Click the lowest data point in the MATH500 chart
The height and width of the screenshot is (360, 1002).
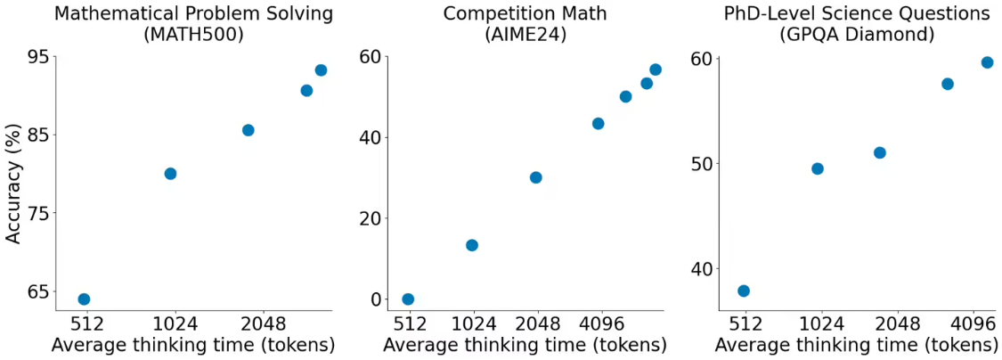pos(84,299)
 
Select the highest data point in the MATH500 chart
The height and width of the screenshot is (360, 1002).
pos(321,70)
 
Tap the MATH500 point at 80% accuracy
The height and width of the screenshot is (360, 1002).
pos(170,174)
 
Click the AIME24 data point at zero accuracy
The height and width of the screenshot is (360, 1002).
pos(408,299)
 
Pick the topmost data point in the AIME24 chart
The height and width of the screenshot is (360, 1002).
pos(656,70)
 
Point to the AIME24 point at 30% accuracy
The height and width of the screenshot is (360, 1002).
pos(535,177)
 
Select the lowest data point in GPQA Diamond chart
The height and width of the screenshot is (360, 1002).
pos(744,290)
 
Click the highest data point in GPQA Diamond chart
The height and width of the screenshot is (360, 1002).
pos(987,62)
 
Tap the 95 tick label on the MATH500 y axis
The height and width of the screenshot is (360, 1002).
pos(38,57)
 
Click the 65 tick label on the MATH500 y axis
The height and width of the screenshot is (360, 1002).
pos(38,291)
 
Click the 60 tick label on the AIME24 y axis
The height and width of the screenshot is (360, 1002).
pos(371,57)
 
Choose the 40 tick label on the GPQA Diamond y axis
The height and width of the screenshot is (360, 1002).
pos(704,268)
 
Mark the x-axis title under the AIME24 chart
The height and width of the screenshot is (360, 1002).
pos(525,346)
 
